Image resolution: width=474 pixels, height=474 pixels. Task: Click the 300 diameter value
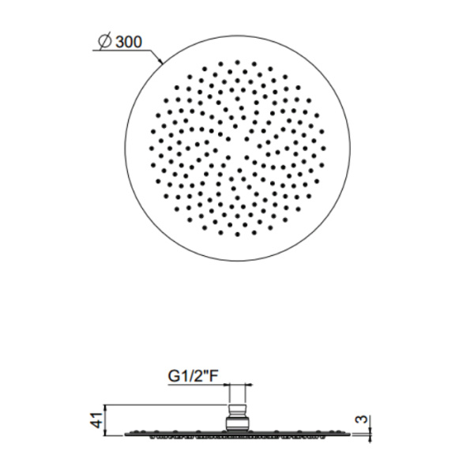tap(129, 42)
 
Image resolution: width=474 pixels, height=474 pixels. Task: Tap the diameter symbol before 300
tap(105, 41)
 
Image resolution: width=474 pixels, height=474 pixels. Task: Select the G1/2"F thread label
tap(193, 376)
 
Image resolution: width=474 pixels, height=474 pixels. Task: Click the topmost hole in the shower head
tap(237, 62)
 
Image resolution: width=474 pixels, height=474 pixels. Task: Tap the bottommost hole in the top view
tap(237, 234)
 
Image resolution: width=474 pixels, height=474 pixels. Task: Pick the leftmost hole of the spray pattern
tap(152, 149)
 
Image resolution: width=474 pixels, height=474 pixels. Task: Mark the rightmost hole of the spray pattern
tap(323, 149)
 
